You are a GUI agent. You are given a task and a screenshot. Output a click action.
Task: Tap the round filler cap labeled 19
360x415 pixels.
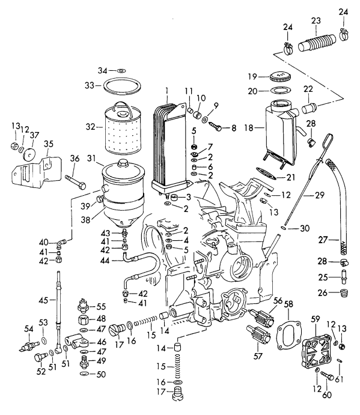278,77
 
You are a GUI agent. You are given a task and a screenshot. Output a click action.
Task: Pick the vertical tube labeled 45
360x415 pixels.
58,306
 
